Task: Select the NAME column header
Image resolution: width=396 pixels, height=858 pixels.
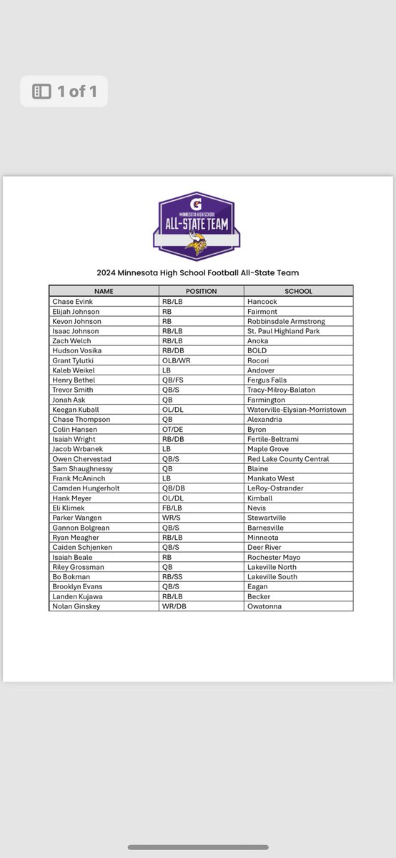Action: pos(103,291)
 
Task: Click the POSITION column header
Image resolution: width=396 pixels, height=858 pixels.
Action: pos(201,291)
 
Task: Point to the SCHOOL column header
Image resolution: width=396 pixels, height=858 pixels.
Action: pos(298,291)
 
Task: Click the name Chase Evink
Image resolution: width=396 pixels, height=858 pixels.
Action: pos(72,302)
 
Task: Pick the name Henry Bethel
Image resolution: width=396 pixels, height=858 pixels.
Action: pos(74,380)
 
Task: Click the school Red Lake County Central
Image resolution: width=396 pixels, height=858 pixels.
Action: pos(289,459)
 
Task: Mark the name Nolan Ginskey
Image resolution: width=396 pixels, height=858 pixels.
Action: pos(76,606)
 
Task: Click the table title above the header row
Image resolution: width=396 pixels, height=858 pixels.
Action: pos(198,272)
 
